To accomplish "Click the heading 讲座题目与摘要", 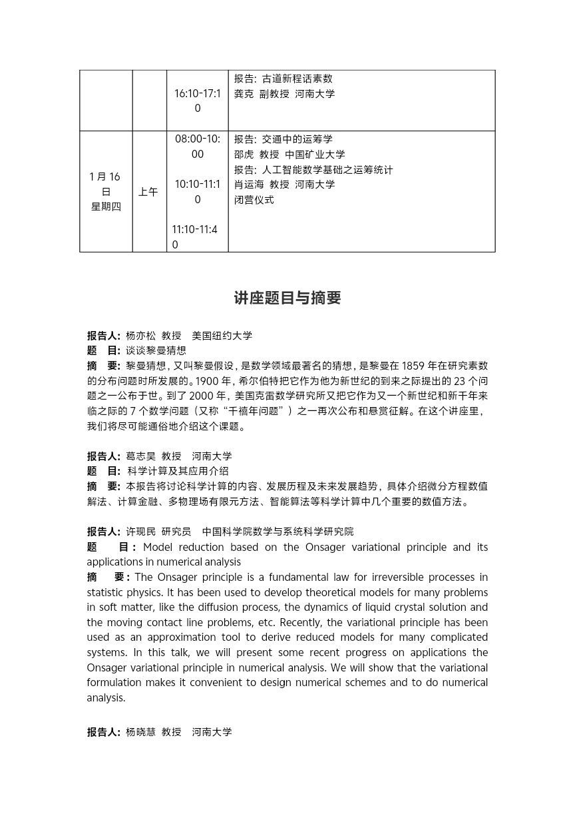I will coord(287,298).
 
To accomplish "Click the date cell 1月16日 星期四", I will coord(106,191).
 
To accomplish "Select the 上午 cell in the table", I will coord(148,192).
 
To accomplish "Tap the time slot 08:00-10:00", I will coord(198,147).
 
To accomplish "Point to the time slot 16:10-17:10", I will coord(197,101).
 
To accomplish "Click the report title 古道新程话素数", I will coord(297,79).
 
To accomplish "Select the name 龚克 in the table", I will coord(244,94).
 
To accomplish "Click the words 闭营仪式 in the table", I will coord(254,199).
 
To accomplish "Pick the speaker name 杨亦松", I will coord(140,336).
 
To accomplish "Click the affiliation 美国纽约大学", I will coord(222,336).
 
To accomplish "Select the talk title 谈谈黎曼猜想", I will coord(156,350).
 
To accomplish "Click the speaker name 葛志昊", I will coord(140,456).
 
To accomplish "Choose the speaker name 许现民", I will coord(140,532).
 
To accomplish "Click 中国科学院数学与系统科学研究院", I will coord(278,532).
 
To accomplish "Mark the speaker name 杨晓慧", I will coord(140,732).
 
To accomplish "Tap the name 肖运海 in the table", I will coord(249,184).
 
